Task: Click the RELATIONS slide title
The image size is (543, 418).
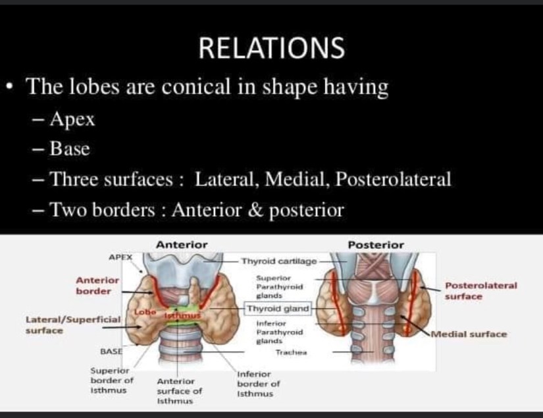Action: point(271,47)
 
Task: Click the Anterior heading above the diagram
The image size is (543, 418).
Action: point(182,245)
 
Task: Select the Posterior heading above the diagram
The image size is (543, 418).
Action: point(376,245)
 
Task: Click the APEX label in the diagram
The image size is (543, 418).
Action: point(120,257)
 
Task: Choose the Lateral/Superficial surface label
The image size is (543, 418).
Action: point(72,324)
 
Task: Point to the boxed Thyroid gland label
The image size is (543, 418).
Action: point(277,308)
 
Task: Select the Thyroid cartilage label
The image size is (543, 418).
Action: point(279,261)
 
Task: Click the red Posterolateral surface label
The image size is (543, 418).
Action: point(480,290)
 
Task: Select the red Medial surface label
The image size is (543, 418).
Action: point(469,334)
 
